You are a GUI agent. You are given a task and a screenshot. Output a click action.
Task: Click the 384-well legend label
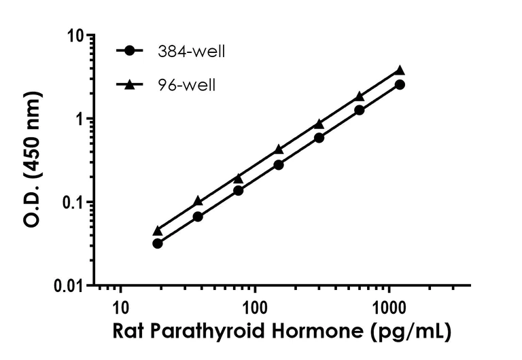(191, 52)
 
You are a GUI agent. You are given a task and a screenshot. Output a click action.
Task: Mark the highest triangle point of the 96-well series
(400, 70)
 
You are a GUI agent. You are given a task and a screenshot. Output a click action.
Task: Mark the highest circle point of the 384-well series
(400, 85)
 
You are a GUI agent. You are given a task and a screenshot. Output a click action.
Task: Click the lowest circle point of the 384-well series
(158, 243)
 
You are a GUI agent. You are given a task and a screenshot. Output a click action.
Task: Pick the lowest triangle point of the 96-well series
(158, 231)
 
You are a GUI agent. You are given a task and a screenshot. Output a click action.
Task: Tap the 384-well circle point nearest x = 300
(319, 138)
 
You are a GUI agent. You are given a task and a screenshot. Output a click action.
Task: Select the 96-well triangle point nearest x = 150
(279, 149)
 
